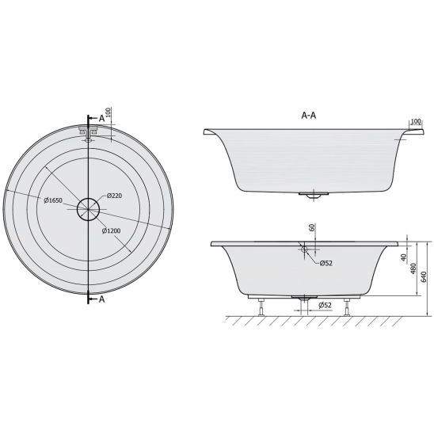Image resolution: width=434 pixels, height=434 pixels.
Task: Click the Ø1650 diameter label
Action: pos(53,200)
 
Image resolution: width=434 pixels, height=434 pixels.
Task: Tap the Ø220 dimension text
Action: pos(114,196)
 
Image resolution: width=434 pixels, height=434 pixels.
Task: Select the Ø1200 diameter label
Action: pos(111,230)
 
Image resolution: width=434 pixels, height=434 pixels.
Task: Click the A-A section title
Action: pos(309,116)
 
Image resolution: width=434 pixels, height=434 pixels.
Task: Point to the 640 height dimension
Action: pos(424,276)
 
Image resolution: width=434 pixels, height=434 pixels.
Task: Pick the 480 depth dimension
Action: pos(413,268)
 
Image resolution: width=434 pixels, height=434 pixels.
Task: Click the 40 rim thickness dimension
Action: pos(404,257)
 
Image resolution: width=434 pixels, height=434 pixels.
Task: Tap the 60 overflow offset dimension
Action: pos(312,227)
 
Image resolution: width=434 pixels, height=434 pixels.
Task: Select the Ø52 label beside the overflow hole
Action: pos(325,263)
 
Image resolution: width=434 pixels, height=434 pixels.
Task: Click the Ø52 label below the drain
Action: pos(325,305)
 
